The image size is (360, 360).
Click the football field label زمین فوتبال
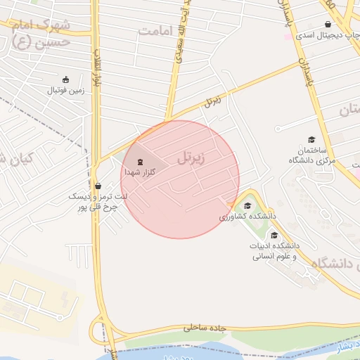(65, 90)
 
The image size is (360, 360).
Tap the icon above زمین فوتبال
(66, 79)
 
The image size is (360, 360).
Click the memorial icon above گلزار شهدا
(139, 161)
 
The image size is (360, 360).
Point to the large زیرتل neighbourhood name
(191, 159)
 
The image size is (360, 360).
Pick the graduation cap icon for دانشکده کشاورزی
(247, 206)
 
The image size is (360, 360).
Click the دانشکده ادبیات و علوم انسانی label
(276, 251)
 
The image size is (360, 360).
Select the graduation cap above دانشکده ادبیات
(274, 235)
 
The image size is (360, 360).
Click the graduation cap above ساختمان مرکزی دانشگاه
(311, 140)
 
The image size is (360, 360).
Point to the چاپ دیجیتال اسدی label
(326, 34)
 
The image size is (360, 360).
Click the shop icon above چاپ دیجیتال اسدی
(328, 24)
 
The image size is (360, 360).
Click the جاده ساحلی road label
(207, 328)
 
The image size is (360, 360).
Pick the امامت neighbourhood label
(155, 31)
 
